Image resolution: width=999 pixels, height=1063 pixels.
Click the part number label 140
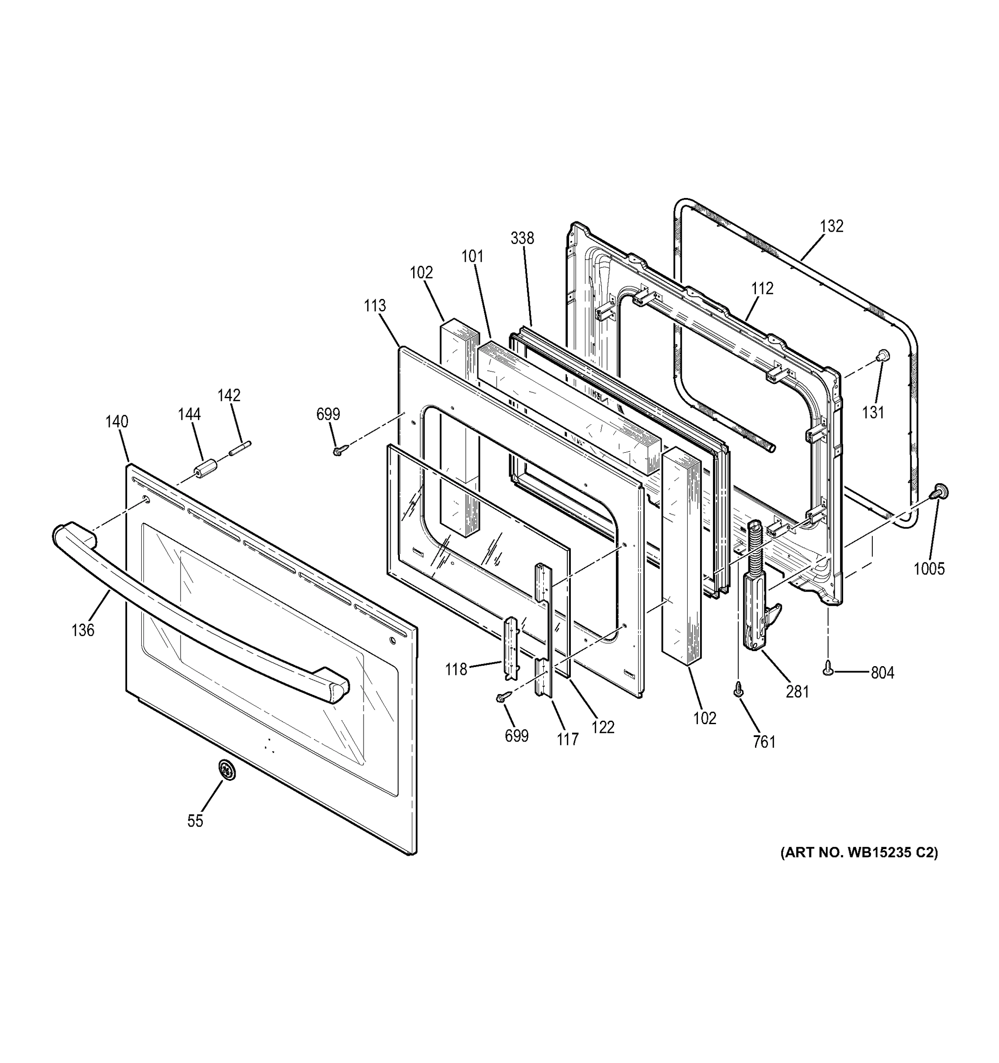[116, 422]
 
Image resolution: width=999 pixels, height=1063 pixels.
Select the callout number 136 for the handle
[83, 630]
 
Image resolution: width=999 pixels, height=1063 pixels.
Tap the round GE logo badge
[227, 771]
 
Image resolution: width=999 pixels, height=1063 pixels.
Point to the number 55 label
[195, 821]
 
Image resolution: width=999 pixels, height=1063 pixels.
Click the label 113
[375, 306]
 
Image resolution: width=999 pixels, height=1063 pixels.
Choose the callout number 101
[472, 256]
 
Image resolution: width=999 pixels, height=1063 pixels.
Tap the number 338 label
[522, 238]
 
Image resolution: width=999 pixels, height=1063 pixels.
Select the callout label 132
[832, 226]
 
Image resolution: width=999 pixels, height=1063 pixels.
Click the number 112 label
[762, 289]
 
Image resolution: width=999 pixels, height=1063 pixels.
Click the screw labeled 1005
[939, 490]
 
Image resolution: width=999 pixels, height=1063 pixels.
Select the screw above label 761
[738, 691]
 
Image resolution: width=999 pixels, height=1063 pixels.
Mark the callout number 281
[798, 692]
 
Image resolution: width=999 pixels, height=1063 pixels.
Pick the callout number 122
[604, 727]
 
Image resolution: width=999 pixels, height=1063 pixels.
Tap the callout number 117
[568, 740]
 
